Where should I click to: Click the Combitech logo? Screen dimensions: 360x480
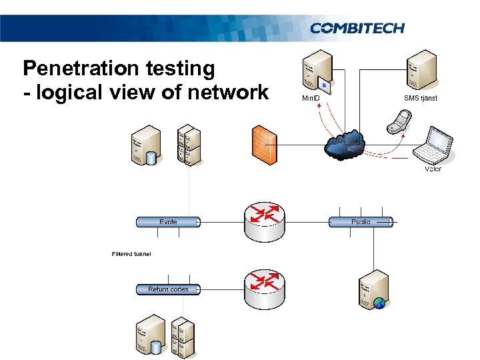tap(357, 28)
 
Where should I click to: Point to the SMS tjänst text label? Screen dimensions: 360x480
tap(421, 98)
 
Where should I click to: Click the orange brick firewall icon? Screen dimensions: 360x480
tap(263, 144)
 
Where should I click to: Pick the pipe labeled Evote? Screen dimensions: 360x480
tap(169, 222)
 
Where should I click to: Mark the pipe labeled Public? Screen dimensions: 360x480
tap(361, 222)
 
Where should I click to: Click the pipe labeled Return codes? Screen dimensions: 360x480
tap(169, 289)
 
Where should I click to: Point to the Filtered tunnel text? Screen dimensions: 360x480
tap(131, 254)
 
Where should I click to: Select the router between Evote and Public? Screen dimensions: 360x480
tap(265, 219)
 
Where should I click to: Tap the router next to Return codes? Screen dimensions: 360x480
tap(265, 287)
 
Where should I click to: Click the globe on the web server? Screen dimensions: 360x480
tap(380, 303)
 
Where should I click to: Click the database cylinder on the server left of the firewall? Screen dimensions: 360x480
tap(151, 158)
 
